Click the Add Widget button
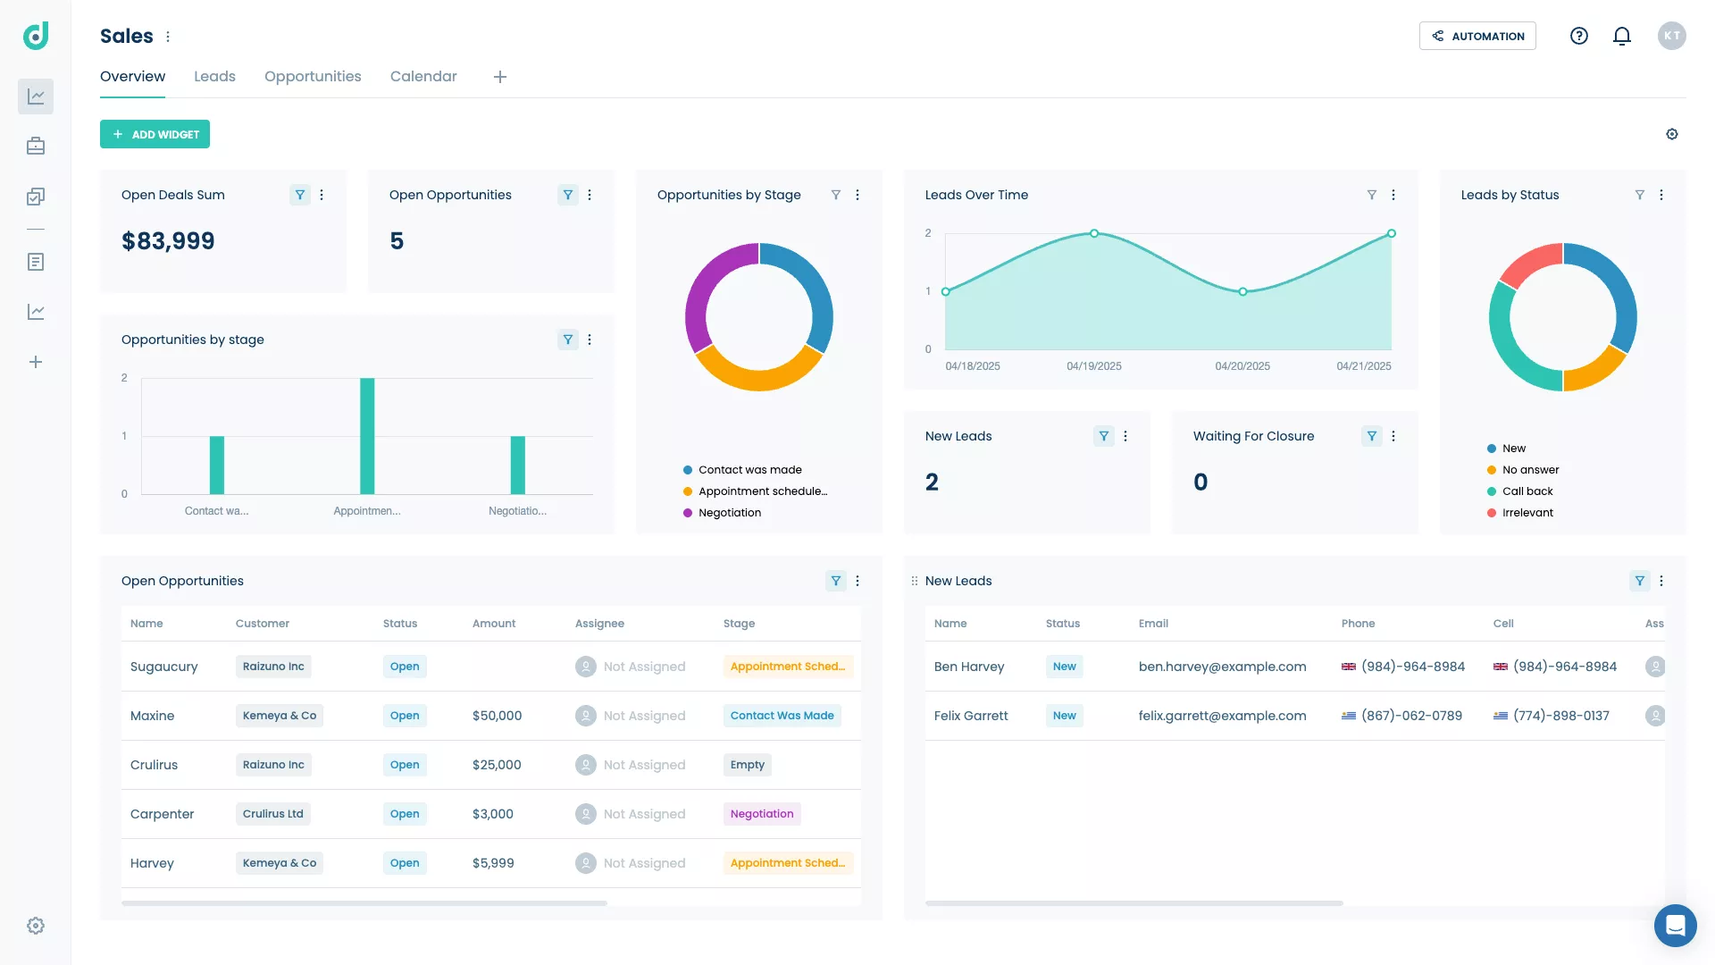pos(155,134)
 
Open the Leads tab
pos(214,77)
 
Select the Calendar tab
pos(423,77)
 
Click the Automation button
pos(1477,36)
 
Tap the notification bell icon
pos(1622,36)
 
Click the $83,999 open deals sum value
pos(168,241)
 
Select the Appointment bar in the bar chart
pos(367,436)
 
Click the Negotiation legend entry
pos(729,513)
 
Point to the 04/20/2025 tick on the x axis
pos(1242,366)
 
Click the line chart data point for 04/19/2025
pos(1094,233)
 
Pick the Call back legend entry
pos(1527,491)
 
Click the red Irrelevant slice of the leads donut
pos(1529,263)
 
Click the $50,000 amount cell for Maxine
pos(497,716)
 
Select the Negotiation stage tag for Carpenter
pos(762,814)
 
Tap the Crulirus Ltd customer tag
pos(273,814)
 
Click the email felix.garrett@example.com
pos(1222,716)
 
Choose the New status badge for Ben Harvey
pos(1064,667)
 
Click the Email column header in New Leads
pos(1153,624)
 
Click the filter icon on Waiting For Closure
pos(1371,436)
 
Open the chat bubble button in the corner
pos(1675,925)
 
